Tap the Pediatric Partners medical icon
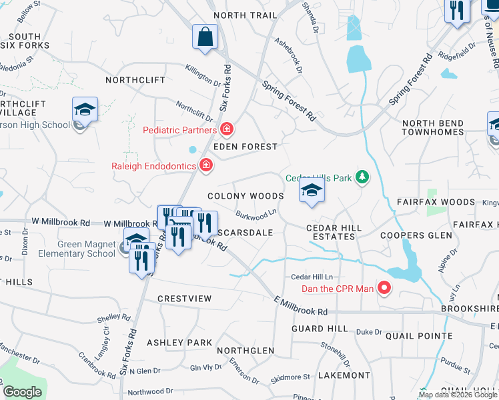[x=227, y=129]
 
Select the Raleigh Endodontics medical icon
[x=205, y=165]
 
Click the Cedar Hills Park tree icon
[x=362, y=177]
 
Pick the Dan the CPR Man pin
[x=384, y=289]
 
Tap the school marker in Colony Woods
[x=311, y=191]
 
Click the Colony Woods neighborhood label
[x=245, y=197]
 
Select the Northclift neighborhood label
[x=135, y=80]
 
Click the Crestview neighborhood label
[x=184, y=298]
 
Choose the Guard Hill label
[x=320, y=329]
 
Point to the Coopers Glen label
[x=411, y=235]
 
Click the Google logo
[x=23, y=392]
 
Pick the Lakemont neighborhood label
[x=344, y=375]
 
